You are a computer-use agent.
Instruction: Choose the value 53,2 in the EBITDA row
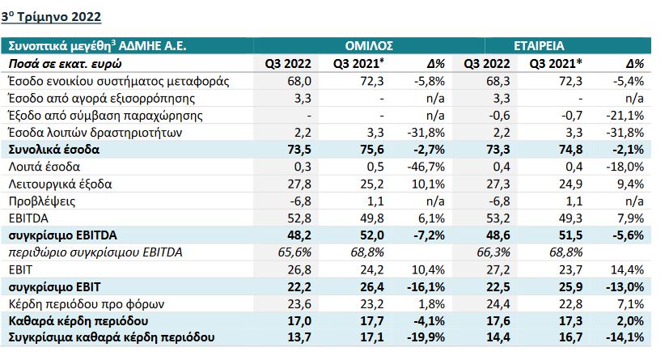[493, 218]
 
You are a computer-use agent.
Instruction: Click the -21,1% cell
[628, 116]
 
